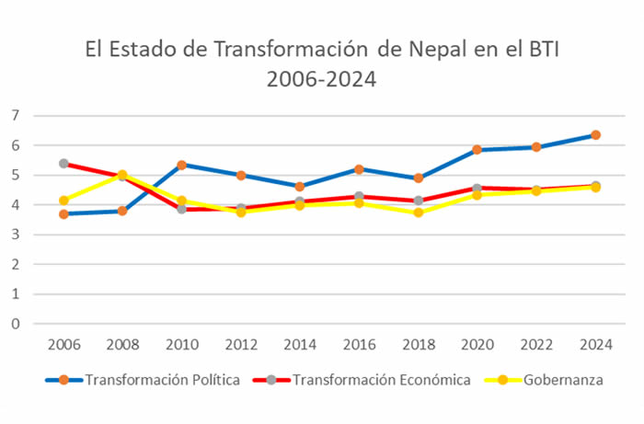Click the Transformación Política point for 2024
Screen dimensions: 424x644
(x=595, y=135)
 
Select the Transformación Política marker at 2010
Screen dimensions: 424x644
(x=181, y=165)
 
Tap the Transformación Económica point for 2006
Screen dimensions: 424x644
(x=63, y=164)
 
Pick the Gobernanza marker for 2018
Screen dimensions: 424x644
(x=418, y=212)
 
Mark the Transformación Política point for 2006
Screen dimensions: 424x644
(x=63, y=213)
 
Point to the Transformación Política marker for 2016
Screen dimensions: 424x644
(x=359, y=169)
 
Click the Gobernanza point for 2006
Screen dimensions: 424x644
(x=63, y=201)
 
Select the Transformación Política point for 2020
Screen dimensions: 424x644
(x=477, y=149)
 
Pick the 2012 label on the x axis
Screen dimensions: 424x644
(x=240, y=345)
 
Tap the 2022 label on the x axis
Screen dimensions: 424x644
(x=535, y=345)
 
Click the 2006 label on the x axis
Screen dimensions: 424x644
(x=63, y=345)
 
